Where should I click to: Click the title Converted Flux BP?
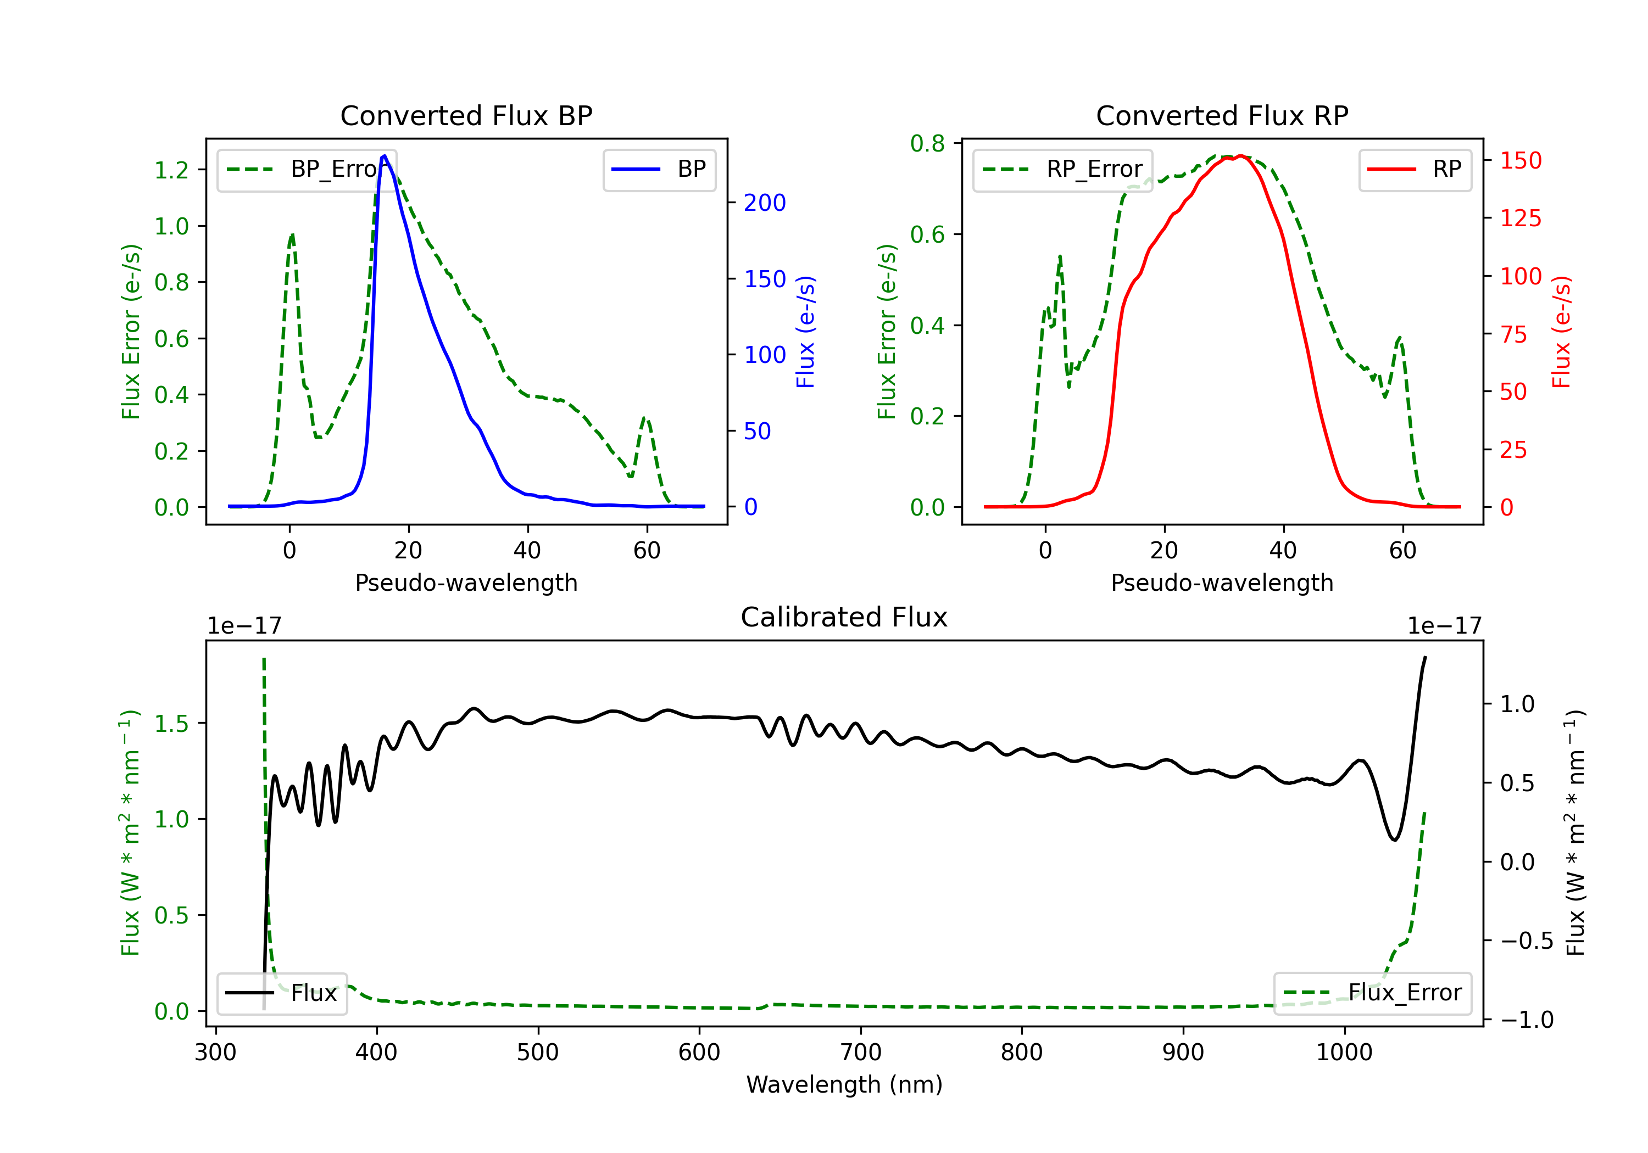pos(466,115)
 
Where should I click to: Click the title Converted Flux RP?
pos(1222,115)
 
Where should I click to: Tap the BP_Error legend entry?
pos(307,169)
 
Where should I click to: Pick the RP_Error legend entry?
pos(1063,169)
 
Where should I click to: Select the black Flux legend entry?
pos(282,993)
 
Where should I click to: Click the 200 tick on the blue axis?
pos(765,203)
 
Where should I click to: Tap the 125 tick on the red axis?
pos(1520,218)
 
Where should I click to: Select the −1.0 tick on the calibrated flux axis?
pos(1526,1020)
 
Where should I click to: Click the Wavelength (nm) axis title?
pos(844,1084)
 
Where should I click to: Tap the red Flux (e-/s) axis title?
pos(1562,332)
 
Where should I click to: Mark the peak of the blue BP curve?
pos(385,156)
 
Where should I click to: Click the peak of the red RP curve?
pos(1240,156)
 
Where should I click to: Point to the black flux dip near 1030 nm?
pos(1395,839)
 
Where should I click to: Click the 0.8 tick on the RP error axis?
pos(927,143)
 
